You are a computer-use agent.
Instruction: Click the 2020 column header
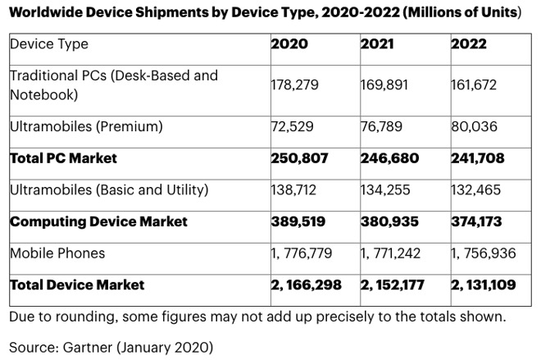point(289,43)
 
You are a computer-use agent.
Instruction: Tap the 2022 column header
point(469,43)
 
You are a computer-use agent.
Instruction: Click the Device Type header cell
point(49,43)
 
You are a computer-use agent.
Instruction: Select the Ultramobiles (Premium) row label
point(86,126)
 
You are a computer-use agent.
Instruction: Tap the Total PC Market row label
point(63,157)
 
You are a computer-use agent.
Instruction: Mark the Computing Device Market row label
point(98,221)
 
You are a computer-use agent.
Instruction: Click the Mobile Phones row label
point(57,253)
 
